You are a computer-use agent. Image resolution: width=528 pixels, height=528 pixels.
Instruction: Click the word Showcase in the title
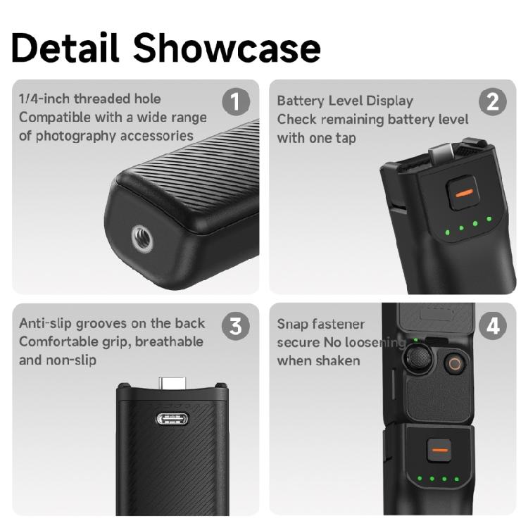[227, 47]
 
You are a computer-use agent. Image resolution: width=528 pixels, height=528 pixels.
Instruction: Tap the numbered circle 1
[236, 102]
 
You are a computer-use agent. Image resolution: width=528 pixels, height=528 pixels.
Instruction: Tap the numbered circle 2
[493, 102]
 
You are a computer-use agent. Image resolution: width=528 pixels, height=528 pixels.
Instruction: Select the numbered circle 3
[236, 326]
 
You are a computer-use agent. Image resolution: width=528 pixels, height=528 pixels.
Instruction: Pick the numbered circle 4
[493, 326]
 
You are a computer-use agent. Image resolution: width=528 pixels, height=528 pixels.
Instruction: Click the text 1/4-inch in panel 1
[44, 99]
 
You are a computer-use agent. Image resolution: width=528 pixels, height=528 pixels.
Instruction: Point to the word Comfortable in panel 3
[60, 342]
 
